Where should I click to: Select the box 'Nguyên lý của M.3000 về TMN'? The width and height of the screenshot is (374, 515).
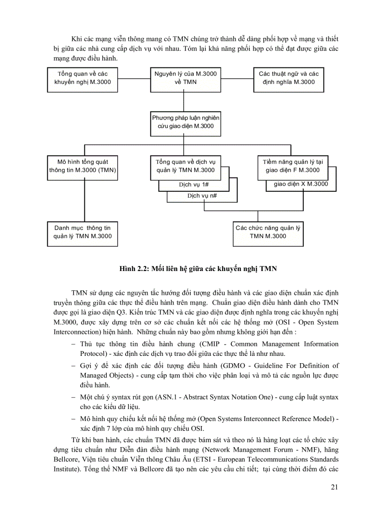pos(186,78)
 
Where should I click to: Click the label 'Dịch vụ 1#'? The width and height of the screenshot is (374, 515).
pos(193,185)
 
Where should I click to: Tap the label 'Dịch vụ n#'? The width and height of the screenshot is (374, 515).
pos(202,196)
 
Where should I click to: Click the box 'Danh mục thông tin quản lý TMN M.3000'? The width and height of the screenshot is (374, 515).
pos(83,232)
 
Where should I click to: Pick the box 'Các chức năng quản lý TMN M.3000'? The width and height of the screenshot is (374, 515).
pos(268,232)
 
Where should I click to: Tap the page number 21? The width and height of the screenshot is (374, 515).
pos(334,487)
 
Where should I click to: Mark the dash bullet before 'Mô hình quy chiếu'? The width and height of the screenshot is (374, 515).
pos(74,419)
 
